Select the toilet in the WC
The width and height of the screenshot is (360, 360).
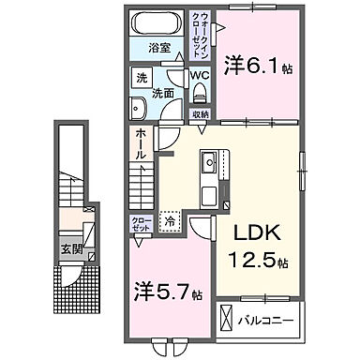pyautogui.click(x=201, y=91)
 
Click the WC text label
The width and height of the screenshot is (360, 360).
pyautogui.click(x=200, y=74)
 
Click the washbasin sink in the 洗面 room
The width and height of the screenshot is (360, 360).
pyautogui.click(x=136, y=107)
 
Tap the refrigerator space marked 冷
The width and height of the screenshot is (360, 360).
pyautogui.click(x=170, y=222)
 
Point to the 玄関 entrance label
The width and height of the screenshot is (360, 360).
pyautogui.click(x=72, y=247)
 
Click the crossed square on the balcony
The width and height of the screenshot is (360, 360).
pyautogui.click(x=230, y=317)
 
